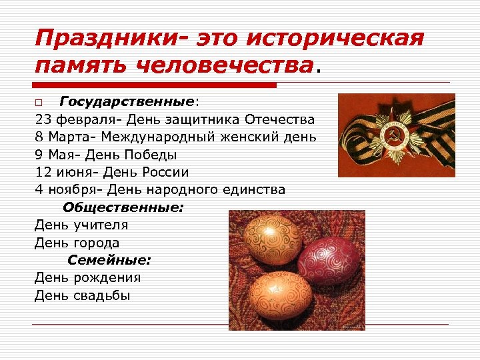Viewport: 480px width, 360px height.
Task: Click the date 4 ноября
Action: pyautogui.click(x=65, y=189)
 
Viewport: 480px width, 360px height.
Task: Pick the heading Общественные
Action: pyautogui.click(x=123, y=207)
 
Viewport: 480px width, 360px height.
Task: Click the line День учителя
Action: pyautogui.click(x=81, y=225)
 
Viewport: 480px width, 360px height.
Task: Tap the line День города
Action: pyautogui.click(x=77, y=243)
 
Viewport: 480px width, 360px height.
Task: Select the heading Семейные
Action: pyautogui.click(x=109, y=260)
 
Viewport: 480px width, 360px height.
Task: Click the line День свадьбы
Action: pyautogui.click(x=83, y=295)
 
